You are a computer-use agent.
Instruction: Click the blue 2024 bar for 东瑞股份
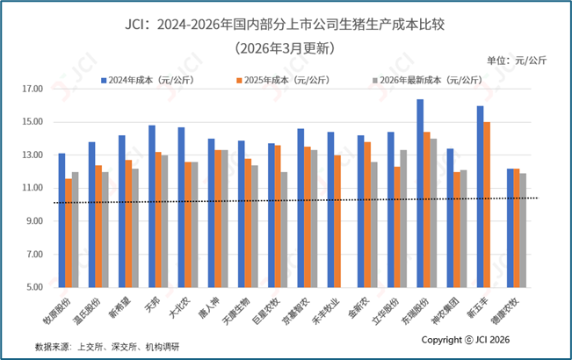tap(420, 193)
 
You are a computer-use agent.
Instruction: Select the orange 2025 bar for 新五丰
tap(487, 205)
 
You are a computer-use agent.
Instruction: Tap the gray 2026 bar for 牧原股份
tap(76, 229)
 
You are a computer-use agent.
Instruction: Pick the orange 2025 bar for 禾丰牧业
tap(337, 221)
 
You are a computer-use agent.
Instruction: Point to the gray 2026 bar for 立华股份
tap(403, 219)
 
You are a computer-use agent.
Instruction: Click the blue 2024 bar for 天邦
tap(152, 206)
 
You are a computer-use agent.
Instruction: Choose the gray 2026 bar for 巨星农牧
tap(284, 229)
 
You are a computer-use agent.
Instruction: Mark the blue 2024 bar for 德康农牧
tap(510, 228)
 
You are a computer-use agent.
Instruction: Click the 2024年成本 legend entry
tap(148, 80)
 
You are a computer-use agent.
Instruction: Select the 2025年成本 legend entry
tap(283, 80)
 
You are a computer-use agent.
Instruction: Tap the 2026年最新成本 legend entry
tap(428, 80)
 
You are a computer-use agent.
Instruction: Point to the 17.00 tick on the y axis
tap(33, 89)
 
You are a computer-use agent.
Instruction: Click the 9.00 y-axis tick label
tap(34, 221)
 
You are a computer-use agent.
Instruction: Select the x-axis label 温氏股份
tap(87, 311)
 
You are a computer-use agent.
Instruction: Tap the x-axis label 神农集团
tap(445, 311)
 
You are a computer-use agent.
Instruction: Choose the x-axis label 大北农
tap(180, 307)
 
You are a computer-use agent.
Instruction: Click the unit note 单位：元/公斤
tap(517, 61)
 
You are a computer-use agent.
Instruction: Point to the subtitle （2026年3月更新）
tap(285, 48)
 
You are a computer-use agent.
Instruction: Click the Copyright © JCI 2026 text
tap(466, 340)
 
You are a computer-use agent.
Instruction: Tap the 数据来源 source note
tap(107, 347)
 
